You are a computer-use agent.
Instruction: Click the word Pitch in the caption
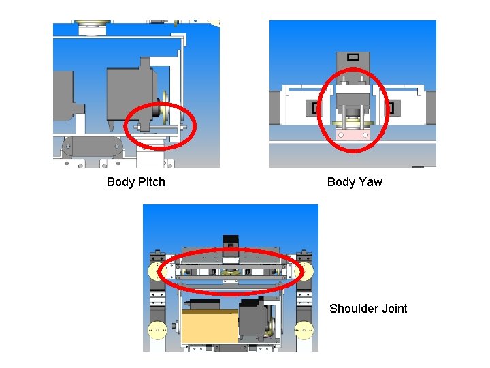[151, 182]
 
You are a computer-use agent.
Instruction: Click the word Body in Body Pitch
[121, 182]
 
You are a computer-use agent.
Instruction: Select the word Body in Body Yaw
[342, 182]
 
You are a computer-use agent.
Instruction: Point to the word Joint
[395, 309]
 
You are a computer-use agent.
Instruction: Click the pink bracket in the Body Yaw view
[353, 135]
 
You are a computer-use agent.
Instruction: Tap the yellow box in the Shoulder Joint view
[210, 328]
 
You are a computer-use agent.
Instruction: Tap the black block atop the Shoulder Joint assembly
[230, 241]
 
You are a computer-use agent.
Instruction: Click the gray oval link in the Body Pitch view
[92, 146]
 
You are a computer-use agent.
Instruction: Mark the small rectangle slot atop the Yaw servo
[353, 57]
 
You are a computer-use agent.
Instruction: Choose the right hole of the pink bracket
[366, 135]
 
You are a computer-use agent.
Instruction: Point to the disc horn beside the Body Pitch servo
[163, 111]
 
